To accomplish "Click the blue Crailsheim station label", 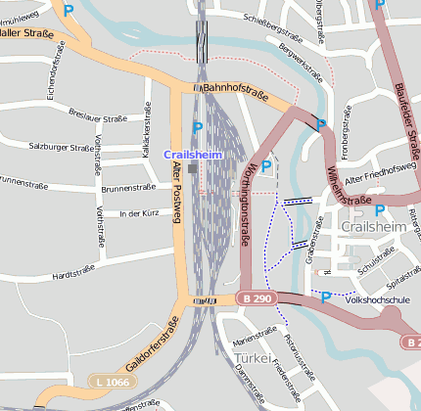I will (193, 155).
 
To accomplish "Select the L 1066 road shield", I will (110, 380).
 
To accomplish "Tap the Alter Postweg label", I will (176, 192).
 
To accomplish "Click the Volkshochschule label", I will (380, 301).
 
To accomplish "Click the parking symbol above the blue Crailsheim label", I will (198, 128).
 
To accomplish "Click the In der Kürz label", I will (138, 212).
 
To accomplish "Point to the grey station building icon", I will (193, 168).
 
